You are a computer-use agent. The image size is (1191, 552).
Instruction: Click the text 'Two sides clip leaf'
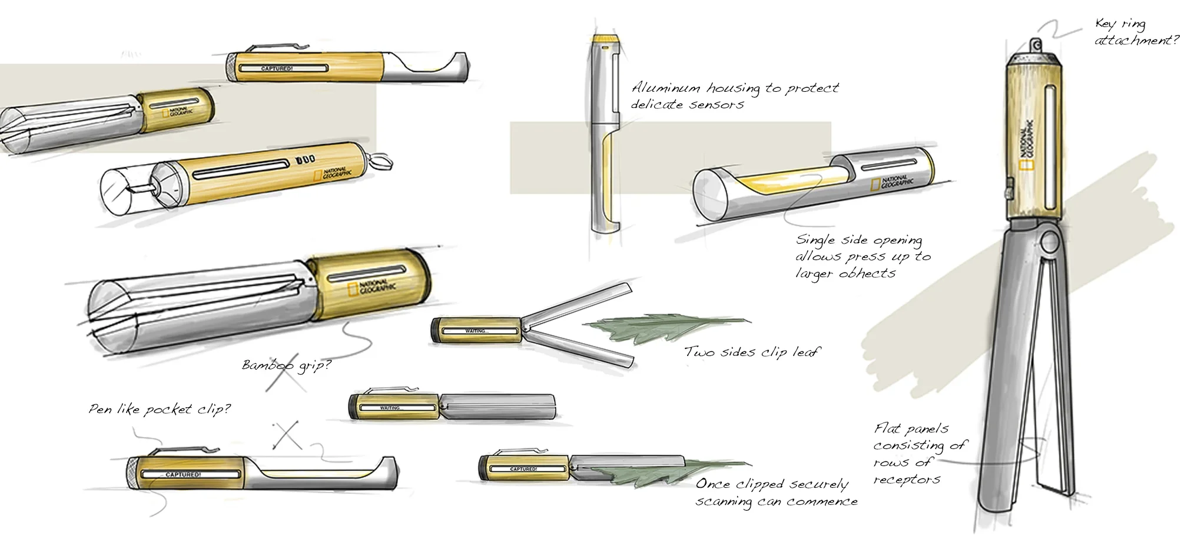point(751,352)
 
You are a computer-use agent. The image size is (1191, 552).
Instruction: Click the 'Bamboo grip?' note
point(287,365)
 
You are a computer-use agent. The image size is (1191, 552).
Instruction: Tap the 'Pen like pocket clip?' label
point(160,409)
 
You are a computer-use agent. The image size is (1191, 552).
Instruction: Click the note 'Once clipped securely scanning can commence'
point(776,493)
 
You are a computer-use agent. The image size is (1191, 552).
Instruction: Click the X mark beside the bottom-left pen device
point(287,435)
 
